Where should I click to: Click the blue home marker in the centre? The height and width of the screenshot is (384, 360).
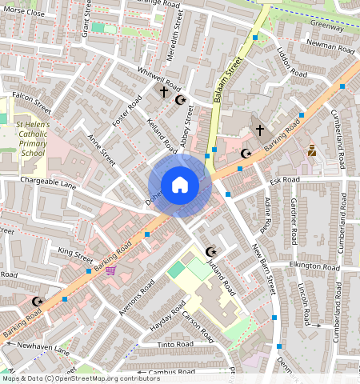click(180, 185)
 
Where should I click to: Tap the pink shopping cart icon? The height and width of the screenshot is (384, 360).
click(110, 270)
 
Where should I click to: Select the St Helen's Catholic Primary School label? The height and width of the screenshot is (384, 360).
click(33, 139)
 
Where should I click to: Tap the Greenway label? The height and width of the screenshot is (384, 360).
click(327, 26)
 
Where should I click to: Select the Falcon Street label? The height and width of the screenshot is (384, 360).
click(31, 103)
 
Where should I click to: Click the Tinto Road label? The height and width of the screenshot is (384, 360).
click(175, 344)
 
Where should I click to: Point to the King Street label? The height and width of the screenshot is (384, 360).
click(76, 254)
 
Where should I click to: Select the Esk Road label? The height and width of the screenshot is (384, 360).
click(284, 181)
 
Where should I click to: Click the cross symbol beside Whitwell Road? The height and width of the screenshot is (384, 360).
click(164, 93)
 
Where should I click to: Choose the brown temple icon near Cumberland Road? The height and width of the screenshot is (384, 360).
click(312, 150)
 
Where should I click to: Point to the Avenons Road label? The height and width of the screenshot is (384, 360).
click(136, 298)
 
